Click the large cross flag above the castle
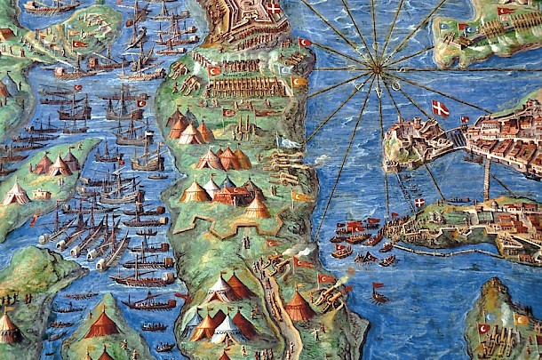click(441, 108)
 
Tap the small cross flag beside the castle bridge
click(464, 119)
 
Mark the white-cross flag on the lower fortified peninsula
click(419, 203)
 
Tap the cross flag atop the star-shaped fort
click(275, 9)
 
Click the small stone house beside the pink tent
click(41, 194)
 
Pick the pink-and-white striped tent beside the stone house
click(15, 193)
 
